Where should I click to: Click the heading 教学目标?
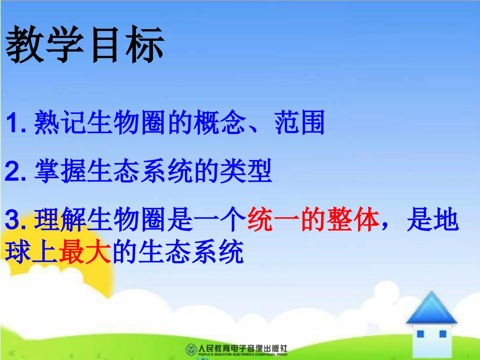click(x=85, y=46)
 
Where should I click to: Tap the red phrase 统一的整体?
click(x=313, y=222)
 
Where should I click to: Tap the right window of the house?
click(x=442, y=334)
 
